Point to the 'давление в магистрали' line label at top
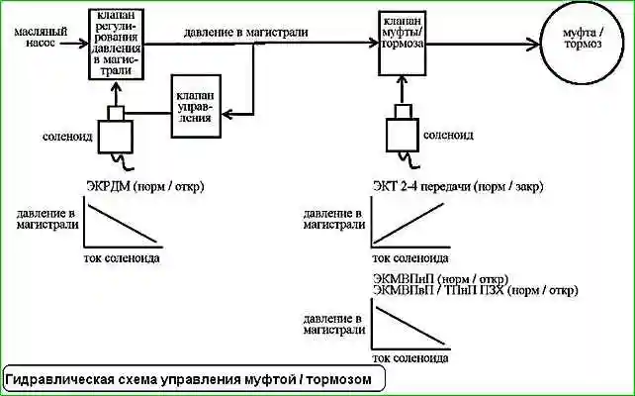point(244,32)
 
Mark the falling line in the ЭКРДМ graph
point(122,224)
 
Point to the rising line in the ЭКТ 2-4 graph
point(408,225)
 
